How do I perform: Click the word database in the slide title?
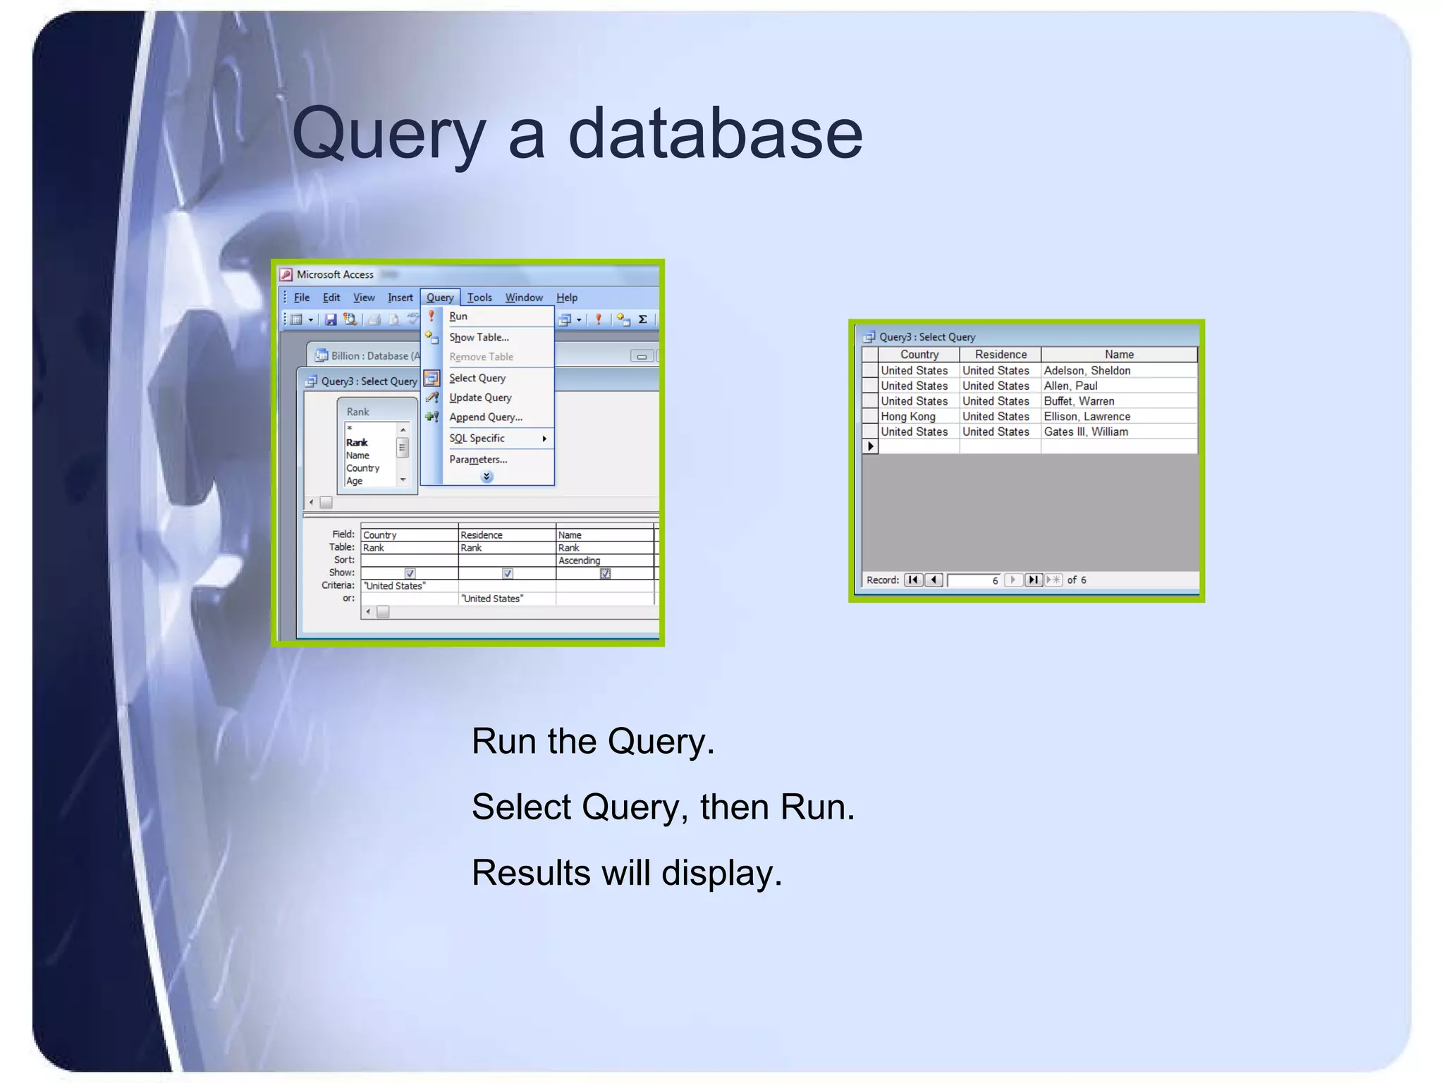(x=715, y=134)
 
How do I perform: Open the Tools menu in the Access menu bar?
(x=479, y=298)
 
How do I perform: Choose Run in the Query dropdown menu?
(x=458, y=317)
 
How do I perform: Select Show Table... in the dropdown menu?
(x=479, y=338)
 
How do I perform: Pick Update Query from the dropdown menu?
(x=480, y=398)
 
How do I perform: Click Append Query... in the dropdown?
(x=486, y=417)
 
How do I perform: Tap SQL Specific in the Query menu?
(x=477, y=439)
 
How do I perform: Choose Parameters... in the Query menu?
(x=478, y=460)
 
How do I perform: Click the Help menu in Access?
(x=566, y=298)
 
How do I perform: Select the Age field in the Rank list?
(x=355, y=481)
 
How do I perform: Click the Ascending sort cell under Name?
(x=580, y=561)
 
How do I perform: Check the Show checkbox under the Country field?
(x=410, y=573)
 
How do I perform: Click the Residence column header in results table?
(x=1000, y=355)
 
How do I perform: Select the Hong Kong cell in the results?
(x=908, y=417)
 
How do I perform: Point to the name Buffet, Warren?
(x=1079, y=401)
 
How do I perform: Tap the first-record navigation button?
(x=913, y=580)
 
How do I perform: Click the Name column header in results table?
(x=1119, y=355)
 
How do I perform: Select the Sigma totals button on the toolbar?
(x=643, y=319)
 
